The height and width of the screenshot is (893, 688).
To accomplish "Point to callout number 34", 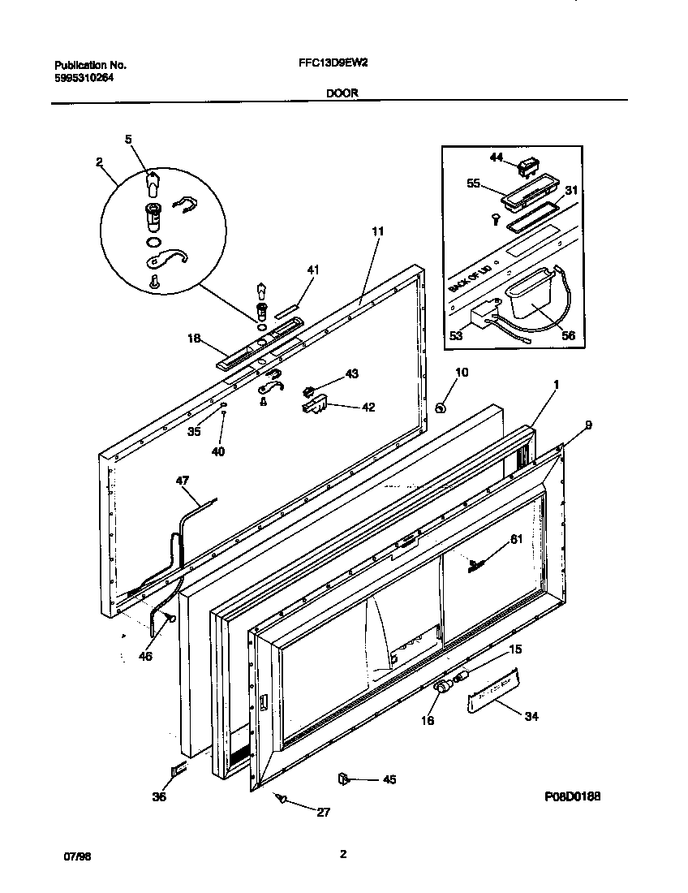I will (x=531, y=716).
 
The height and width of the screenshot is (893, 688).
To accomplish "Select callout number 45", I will (x=389, y=780).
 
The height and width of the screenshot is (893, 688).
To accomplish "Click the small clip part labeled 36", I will (x=178, y=770).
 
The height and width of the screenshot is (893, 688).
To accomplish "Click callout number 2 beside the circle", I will (x=99, y=162).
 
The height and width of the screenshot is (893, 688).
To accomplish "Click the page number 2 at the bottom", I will (x=343, y=853).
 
